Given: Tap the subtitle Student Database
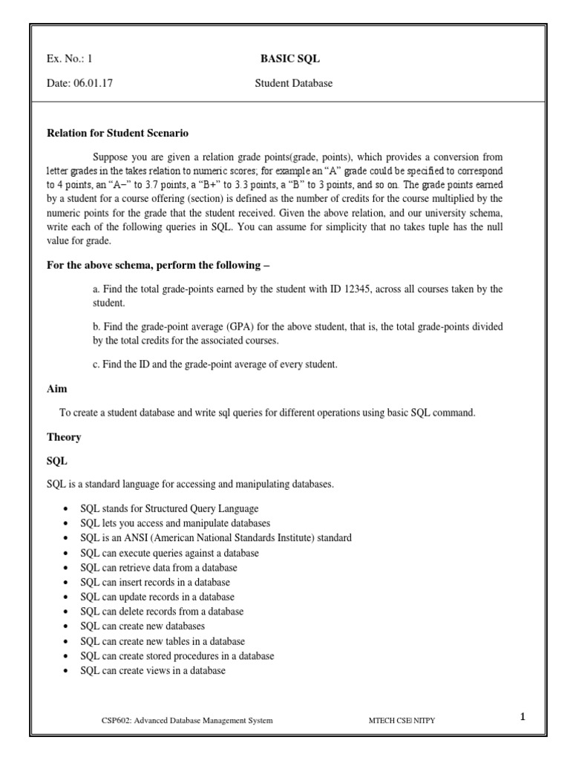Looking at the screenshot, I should click(293, 84).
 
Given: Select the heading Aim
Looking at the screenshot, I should click(57, 388).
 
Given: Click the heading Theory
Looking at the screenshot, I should click(64, 437).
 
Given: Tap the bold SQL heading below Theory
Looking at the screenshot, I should click(57, 461).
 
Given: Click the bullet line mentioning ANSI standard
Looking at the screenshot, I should click(215, 537).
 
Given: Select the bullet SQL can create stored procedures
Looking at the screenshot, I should click(177, 656).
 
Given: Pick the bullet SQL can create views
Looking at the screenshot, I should click(153, 671).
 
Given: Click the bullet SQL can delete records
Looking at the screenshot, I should click(162, 612).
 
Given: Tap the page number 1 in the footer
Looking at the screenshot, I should click(522, 717).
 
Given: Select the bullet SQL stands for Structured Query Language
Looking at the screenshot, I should click(169, 508).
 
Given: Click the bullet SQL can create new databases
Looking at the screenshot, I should click(142, 626).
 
